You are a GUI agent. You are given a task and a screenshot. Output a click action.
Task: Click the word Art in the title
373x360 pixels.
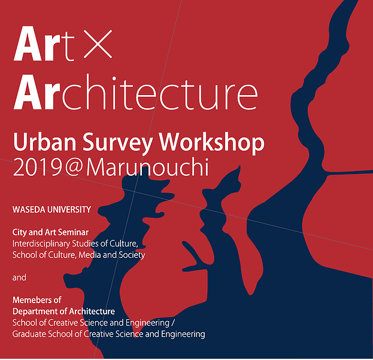44,44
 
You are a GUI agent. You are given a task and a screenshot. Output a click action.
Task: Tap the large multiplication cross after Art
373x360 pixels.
98,44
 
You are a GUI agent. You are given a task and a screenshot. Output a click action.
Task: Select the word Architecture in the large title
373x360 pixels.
135,92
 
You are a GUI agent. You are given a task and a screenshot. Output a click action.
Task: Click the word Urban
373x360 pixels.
44,142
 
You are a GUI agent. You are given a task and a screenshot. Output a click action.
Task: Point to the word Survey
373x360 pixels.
117,143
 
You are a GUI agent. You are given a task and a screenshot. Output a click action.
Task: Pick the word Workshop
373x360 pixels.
211,143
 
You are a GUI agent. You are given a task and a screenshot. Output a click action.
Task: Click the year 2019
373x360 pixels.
38,167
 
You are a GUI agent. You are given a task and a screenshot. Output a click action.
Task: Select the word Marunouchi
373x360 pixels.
147,167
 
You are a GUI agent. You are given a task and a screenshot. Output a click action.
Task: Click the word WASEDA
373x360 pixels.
29,209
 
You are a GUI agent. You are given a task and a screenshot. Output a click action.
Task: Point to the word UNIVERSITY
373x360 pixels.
69,209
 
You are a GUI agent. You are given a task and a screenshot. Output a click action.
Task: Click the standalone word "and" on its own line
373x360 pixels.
19,277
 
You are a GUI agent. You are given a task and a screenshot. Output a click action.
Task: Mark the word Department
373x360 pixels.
38,312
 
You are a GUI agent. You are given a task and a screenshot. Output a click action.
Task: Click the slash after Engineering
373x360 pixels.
173,323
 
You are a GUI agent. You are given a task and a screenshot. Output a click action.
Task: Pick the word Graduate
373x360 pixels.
29,334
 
